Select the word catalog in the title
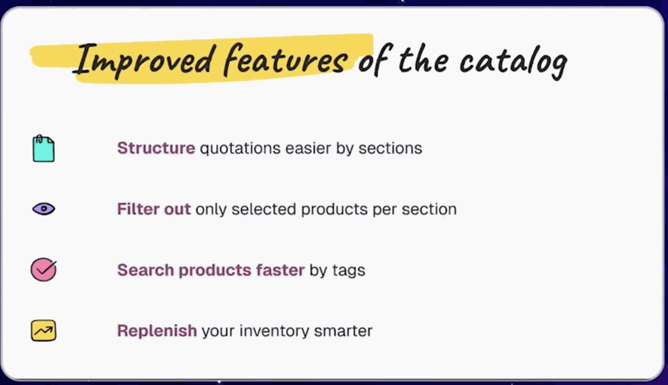click(513, 62)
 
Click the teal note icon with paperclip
click(43, 149)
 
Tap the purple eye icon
click(43, 209)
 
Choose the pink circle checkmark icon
click(43, 270)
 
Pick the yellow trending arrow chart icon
click(43, 330)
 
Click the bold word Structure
click(156, 148)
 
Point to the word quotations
click(240, 149)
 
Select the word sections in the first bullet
click(390, 149)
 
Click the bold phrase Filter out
click(154, 209)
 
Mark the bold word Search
click(145, 270)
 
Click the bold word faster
click(280, 270)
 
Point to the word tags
click(349, 271)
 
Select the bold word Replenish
click(157, 331)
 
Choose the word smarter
click(343, 331)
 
